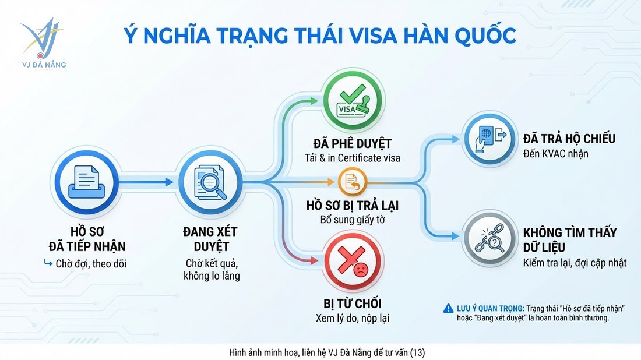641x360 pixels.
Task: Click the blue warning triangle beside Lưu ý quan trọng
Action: [448, 308]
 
